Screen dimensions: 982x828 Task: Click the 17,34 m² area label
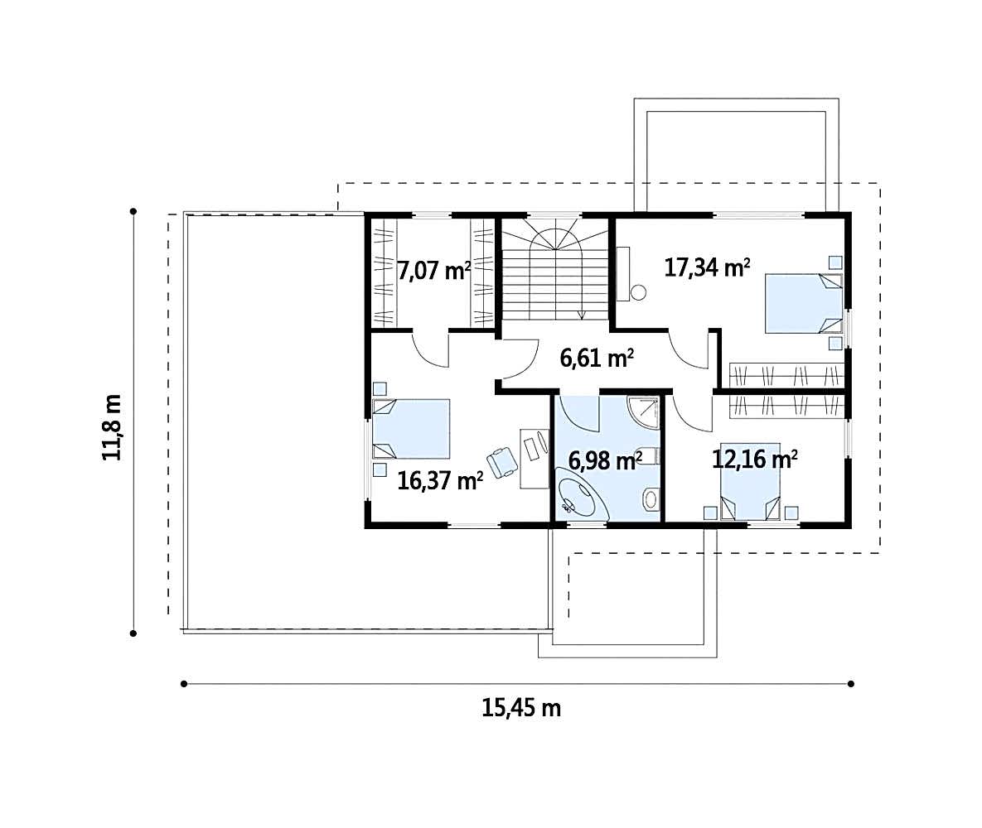tap(707, 268)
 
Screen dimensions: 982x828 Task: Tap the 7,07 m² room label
tap(434, 272)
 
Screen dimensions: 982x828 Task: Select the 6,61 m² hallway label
tap(597, 358)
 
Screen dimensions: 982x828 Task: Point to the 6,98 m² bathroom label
tap(605, 460)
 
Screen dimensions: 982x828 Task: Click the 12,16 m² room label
tap(755, 460)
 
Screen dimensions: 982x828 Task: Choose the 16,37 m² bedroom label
tap(440, 480)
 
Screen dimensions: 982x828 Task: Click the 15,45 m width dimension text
tap(521, 708)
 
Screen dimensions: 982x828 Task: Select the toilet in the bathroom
tap(650, 498)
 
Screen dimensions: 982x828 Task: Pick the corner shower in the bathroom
tap(644, 412)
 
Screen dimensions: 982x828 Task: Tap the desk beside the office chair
tap(534, 459)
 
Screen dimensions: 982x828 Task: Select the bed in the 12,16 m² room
tap(750, 491)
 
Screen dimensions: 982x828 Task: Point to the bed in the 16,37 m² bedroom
tap(412, 429)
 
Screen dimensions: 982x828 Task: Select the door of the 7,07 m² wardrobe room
tap(431, 349)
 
